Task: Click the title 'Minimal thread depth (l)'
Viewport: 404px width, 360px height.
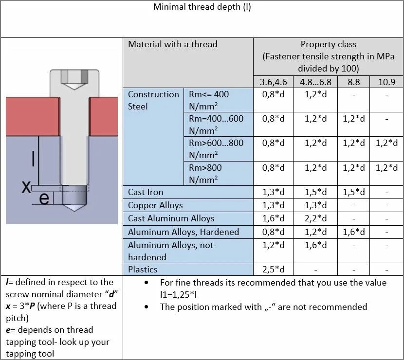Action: (x=202, y=7)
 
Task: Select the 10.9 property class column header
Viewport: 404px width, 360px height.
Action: (x=386, y=82)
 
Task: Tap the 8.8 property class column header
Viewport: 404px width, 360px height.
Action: (x=353, y=82)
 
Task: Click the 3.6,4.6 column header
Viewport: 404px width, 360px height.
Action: (x=273, y=82)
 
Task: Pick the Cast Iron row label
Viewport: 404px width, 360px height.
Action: (x=146, y=192)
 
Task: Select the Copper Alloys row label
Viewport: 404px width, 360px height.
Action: (x=155, y=205)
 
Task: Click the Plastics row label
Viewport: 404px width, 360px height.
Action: (x=143, y=269)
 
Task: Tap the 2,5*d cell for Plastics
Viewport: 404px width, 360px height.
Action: (x=273, y=269)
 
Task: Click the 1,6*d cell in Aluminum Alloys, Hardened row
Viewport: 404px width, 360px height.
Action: (x=353, y=232)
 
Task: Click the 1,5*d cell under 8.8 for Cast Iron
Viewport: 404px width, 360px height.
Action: (x=353, y=192)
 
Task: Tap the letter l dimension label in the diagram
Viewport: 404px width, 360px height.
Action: (x=33, y=159)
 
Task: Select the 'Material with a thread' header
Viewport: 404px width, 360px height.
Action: (x=173, y=44)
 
